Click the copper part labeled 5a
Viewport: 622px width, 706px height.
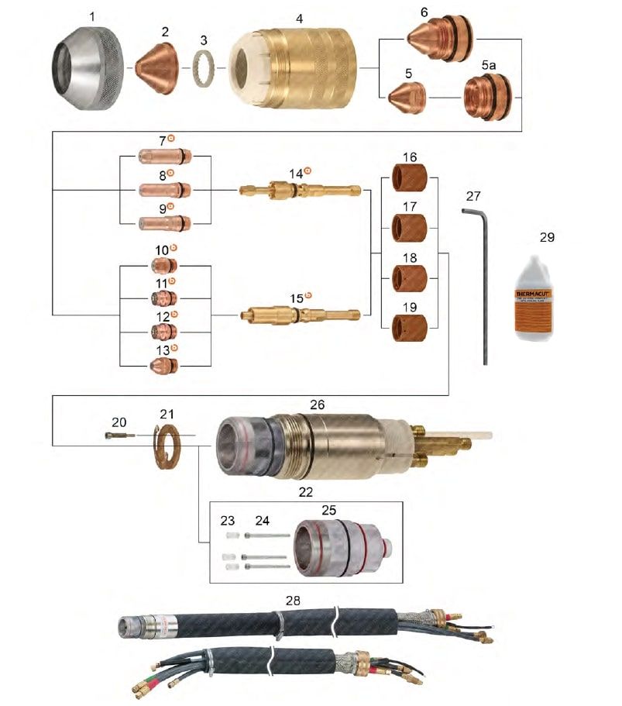coord(488,97)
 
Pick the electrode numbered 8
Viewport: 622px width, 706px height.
coord(163,189)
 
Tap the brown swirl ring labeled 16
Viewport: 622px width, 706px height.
coord(410,179)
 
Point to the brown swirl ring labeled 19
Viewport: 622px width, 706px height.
coord(410,328)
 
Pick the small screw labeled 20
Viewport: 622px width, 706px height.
coord(119,436)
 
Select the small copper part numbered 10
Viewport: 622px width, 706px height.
coord(163,266)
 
